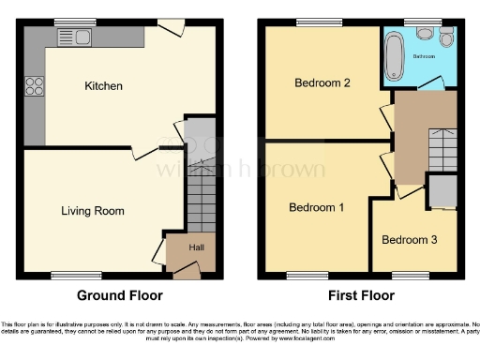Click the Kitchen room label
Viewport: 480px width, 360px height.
(103, 86)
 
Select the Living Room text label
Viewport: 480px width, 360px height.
(93, 211)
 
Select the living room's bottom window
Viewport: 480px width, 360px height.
(64, 276)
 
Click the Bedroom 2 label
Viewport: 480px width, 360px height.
(322, 82)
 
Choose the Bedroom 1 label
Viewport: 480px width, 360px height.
(316, 207)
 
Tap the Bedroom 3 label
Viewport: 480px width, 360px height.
(409, 239)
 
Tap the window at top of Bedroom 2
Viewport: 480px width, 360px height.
(311, 22)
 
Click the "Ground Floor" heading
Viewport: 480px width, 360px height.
(119, 295)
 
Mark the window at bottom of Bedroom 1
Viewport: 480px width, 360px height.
(302, 276)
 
